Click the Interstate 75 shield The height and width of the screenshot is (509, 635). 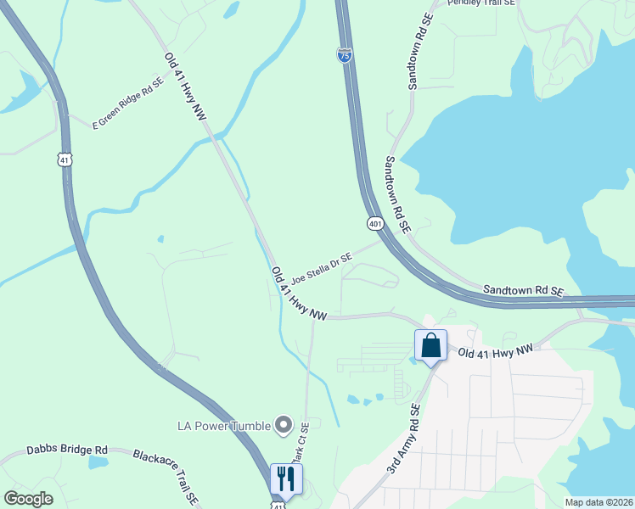[x=344, y=55]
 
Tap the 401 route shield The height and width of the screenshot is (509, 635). [x=376, y=223]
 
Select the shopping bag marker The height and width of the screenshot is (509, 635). [x=430, y=346]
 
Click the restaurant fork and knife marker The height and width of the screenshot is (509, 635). [x=286, y=478]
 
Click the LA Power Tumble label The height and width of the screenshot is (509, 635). [x=223, y=425]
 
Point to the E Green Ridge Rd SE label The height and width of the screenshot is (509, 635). [x=127, y=104]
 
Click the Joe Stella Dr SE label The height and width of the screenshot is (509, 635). [x=321, y=267]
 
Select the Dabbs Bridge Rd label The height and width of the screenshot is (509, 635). [x=67, y=450]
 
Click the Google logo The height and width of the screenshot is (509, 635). [x=28, y=499]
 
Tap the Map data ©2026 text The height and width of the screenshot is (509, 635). [x=598, y=502]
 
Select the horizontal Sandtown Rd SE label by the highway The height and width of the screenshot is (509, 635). [x=524, y=290]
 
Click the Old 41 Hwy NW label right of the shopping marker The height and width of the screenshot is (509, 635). [x=497, y=350]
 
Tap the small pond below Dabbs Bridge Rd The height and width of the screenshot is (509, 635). [x=98, y=463]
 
